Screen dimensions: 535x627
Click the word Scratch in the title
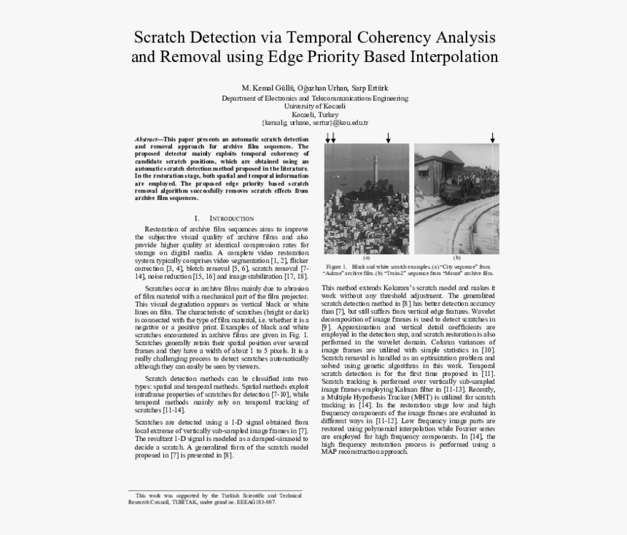pyautogui.click(x=161, y=36)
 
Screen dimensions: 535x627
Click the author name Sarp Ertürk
pyautogui.click(x=369, y=88)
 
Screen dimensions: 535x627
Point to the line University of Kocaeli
pyautogui.click(x=314, y=106)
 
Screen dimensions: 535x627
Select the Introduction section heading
pyautogui.click(x=231, y=218)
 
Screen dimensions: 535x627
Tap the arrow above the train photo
pyautogui.click(x=492, y=137)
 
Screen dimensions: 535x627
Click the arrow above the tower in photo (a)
pyautogui.click(x=388, y=137)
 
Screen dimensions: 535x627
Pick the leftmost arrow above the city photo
pyautogui.click(x=327, y=137)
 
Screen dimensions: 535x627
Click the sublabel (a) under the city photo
pyautogui.click(x=367, y=258)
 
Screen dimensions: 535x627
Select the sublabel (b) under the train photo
pyautogui.click(x=457, y=258)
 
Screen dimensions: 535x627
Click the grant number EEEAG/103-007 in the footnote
pyautogui.click(x=250, y=502)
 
